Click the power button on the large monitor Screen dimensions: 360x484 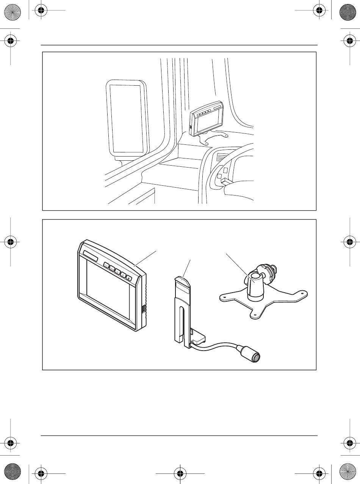click(129, 279)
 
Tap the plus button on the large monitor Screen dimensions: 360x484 click(124, 276)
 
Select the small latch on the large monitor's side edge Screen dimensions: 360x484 click(143, 309)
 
